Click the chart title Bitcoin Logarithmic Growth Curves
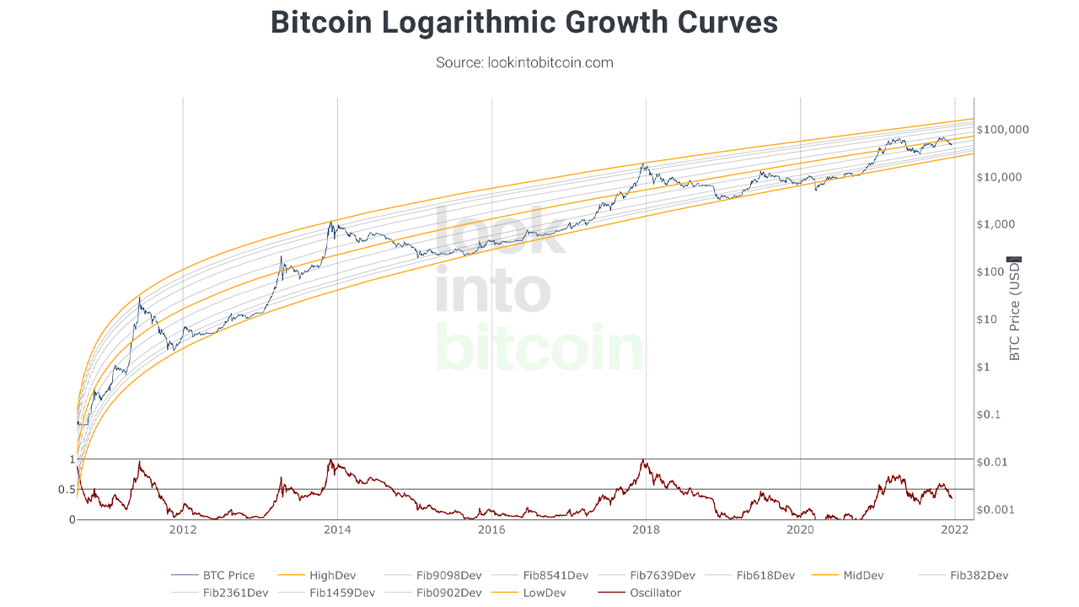tap(523, 23)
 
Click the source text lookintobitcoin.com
tap(524, 62)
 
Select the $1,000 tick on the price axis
tap(1001, 225)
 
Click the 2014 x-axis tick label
tap(337, 529)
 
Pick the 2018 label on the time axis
tap(646, 529)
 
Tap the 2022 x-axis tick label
tap(954, 529)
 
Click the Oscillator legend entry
tap(652, 593)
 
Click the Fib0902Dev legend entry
tap(449, 593)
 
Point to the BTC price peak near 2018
tap(644, 164)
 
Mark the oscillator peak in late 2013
tap(331, 460)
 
